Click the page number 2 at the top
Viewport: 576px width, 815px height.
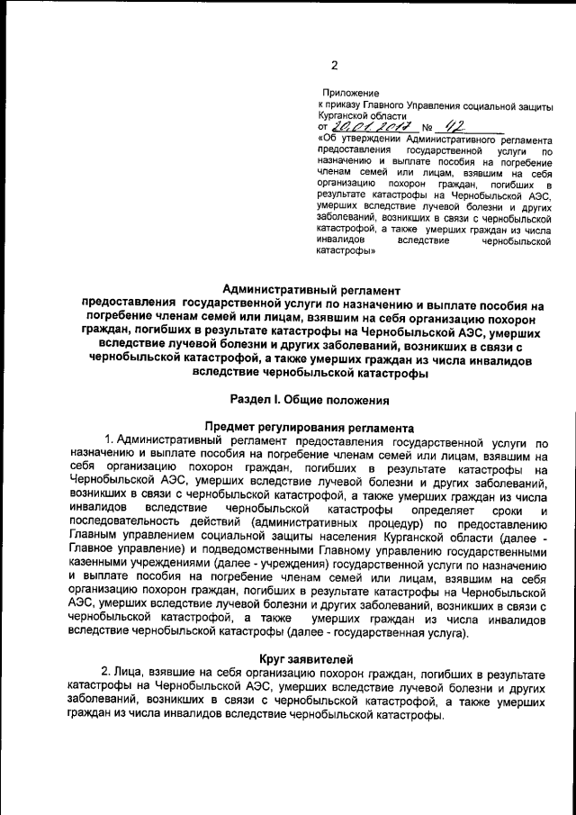click(333, 64)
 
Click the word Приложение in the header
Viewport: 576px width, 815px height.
click(350, 93)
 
